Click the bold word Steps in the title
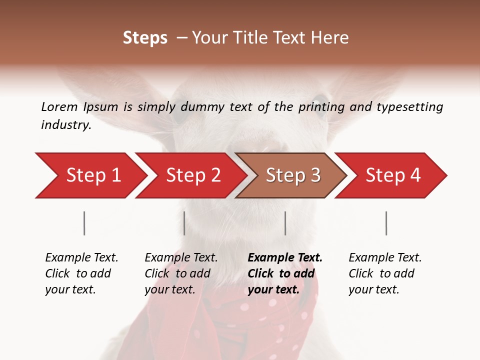145,37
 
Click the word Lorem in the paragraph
59,106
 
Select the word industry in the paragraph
65,125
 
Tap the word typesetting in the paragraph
409,106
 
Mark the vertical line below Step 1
84,223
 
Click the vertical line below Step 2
184,223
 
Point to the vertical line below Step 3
285,223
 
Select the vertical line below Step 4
386,223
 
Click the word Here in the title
332,37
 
